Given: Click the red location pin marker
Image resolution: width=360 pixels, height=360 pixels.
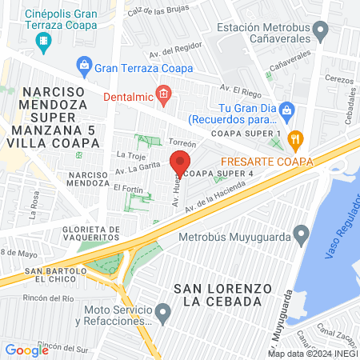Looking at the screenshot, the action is point(177,163).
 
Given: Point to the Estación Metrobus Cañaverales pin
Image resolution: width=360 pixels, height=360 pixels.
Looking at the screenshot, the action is point(322,33).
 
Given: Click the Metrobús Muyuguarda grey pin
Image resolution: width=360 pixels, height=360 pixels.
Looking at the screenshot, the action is point(302,236).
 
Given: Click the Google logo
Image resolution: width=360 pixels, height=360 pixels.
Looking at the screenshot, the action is point(26,350).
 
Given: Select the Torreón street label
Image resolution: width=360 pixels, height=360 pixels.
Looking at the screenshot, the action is point(182,142).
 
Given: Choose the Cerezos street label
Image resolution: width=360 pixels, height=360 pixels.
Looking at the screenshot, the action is point(339,80).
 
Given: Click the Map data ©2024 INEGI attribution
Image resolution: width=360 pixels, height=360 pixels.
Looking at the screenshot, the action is point(312,353).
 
